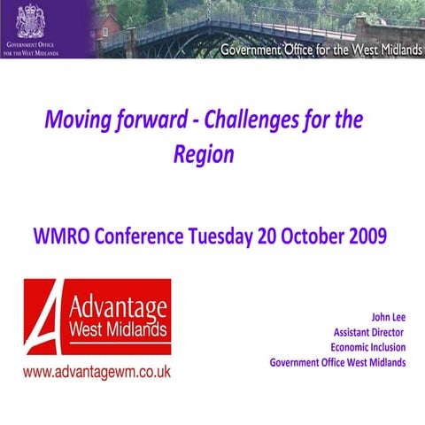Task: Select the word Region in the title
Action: click(204, 154)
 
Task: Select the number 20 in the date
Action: click(266, 237)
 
